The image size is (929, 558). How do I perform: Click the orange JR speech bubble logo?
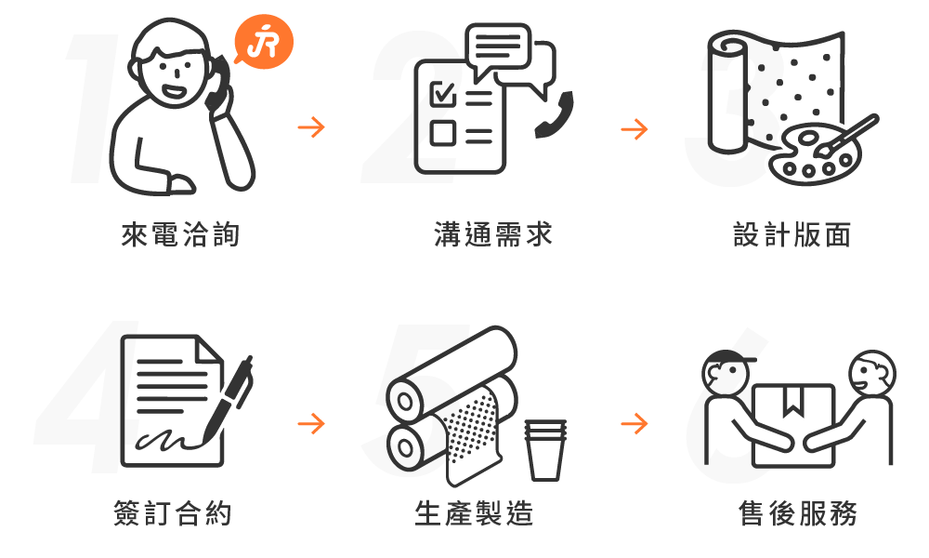264,42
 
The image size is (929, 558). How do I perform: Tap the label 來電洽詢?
181,234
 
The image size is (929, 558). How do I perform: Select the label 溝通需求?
493,234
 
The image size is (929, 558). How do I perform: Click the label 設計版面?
792,234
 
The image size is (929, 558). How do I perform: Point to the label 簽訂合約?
173,513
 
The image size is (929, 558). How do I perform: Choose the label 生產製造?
474,513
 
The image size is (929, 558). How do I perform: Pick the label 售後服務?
797,513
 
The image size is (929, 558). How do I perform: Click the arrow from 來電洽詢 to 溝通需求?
311,126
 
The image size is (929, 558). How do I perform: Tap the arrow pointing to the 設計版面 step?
635,128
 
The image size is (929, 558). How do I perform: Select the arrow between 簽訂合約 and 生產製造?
311,423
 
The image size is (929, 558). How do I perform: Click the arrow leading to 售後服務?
635,423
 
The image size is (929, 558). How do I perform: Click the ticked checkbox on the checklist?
443,93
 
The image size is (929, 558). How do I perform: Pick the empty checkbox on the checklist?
442,133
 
